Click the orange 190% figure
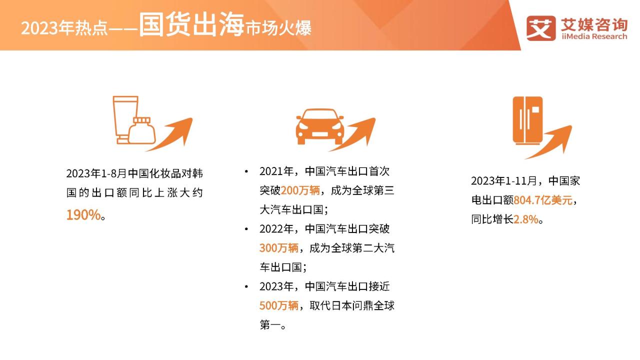[83, 215]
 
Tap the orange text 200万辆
[300, 190]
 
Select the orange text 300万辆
[279, 248]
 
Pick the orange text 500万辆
[279, 305]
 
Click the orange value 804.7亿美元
[543, 200]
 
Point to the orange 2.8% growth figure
[525, 219]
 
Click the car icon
[319, 126]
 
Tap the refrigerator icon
[527, 120]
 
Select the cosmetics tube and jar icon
[133, 120]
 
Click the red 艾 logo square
[541, 28]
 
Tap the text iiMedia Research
[594, 36]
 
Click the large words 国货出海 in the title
[191, 25]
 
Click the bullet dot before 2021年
[246, 171]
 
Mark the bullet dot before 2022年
[246, 229]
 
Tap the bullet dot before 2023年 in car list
[246, 286]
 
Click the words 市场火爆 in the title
[278, 28]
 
